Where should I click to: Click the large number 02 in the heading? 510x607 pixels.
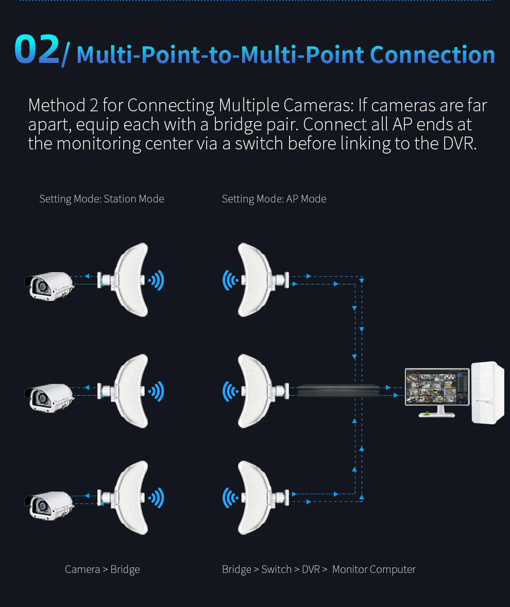coord(37,50)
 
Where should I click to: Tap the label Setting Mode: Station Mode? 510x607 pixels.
coord(101,199)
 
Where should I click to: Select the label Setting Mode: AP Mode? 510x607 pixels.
coord(274,199)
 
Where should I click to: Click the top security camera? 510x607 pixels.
coord(49,286)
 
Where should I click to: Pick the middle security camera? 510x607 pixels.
coord(49,397)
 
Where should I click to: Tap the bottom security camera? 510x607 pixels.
coord(49,505)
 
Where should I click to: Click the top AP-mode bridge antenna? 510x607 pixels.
coord(255,280)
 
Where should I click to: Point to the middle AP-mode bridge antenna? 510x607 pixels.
coord(255,391)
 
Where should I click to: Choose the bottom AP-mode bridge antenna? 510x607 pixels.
coord(255,498)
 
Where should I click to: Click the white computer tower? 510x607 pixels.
coord(487,393)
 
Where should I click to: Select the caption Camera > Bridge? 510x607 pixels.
coord(102,569)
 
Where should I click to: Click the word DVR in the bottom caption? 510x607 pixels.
coord(311,569)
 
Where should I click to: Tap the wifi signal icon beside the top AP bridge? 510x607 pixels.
coord(230,280)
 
